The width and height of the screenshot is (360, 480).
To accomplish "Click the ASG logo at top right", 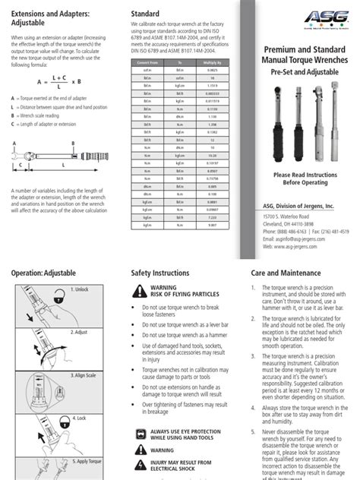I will [x=326, y=18].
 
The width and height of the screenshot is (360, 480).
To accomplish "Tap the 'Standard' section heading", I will [x=145, y=14].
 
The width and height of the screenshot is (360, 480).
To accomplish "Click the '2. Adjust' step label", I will [x=80, y=332].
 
